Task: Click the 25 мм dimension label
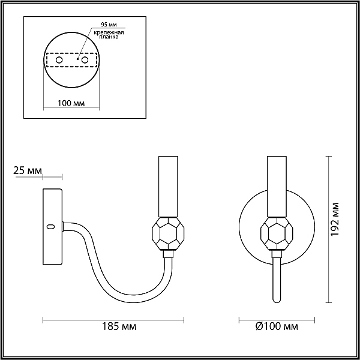coord(28,171)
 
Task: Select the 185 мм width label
coord(119,326)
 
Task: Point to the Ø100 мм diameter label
coord(277,326)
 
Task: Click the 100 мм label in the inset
coord(71,103)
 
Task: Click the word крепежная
coord(109,32)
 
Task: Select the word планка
coord(109,37)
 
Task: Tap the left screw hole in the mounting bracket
coord(59,60)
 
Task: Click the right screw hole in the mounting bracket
coord(85,60)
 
